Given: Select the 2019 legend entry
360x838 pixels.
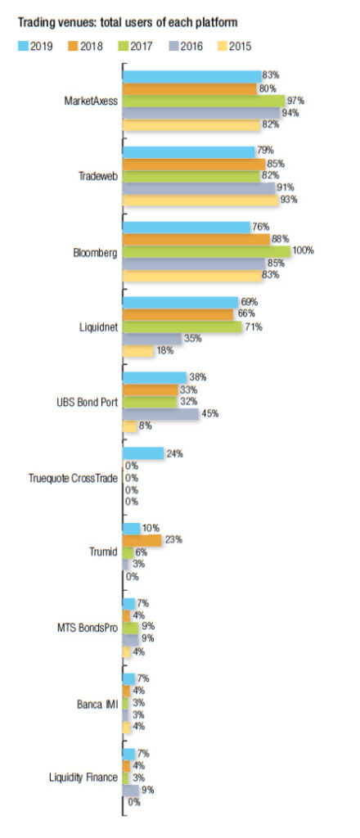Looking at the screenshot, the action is (35, 47).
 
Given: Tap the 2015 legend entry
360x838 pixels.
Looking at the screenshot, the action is (232, 47).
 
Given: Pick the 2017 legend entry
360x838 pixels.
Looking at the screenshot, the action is (134, 47).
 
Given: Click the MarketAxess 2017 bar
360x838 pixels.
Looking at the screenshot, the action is (204, 101).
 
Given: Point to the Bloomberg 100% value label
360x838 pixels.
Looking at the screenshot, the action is (303, 250).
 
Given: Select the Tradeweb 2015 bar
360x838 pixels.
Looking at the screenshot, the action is (200, 200).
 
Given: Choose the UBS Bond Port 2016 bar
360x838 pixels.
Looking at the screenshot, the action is (160, 413).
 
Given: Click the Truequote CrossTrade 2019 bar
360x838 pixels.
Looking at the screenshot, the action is (143, 453).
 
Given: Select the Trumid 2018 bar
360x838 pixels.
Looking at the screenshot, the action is (142, 540).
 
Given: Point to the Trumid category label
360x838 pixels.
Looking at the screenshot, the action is (102, 552).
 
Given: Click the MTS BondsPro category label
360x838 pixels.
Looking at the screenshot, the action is (88, 628).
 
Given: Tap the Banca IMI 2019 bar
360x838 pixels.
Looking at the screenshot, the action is (129, 678).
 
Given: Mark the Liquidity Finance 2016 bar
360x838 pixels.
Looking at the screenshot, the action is (131, 789).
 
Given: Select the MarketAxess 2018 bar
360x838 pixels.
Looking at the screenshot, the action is (190, 88).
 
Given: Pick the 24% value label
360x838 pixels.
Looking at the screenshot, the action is (174, 453).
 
